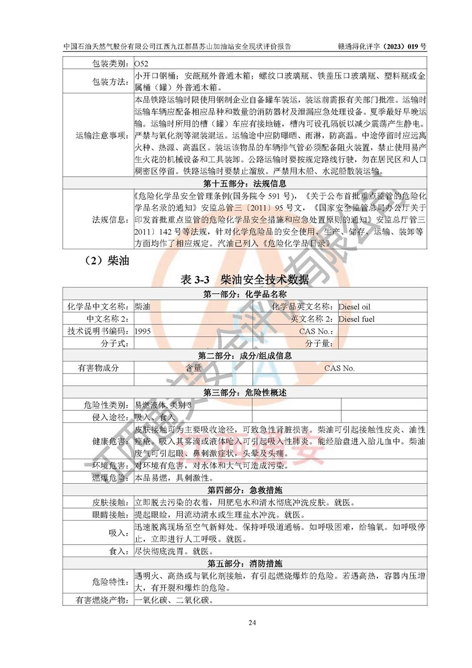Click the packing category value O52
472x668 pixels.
point(142,63)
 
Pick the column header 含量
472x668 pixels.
point(194,368)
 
